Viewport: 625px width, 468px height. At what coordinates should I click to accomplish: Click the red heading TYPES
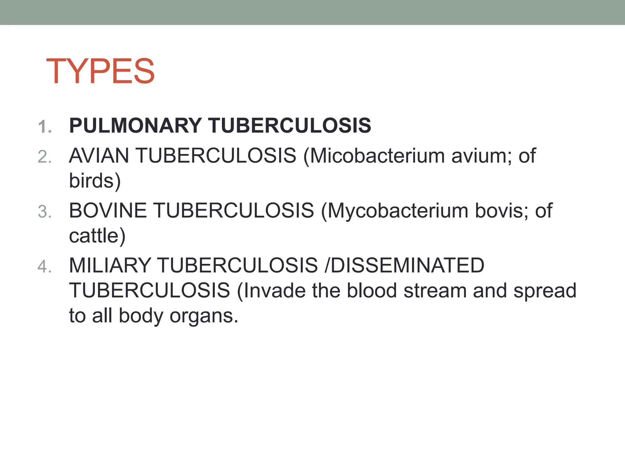tap(100, 71)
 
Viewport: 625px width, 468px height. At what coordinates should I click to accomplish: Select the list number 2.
tap(45, 157)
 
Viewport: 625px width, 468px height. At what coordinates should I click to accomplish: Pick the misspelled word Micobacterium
tap(377, 156)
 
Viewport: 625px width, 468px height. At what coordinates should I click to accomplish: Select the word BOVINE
tap(108, 211)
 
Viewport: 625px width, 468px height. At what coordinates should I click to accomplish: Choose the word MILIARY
tap(110, 265)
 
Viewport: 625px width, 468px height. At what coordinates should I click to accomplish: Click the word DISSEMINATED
tap(408, 265)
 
